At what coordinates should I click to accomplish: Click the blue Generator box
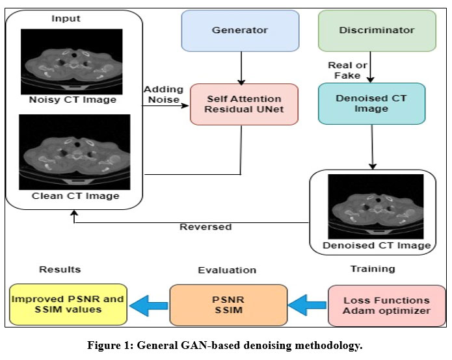(240, 31)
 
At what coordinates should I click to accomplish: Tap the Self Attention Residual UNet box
(244, 104)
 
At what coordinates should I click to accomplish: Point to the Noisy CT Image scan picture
(72, 61)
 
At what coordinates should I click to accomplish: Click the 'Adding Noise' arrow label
(164, 94)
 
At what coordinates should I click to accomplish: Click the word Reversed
(205, 227)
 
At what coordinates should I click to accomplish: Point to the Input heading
(66, 18)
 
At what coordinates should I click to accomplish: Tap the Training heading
(373, 268)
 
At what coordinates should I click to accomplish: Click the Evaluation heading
(227, 270)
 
